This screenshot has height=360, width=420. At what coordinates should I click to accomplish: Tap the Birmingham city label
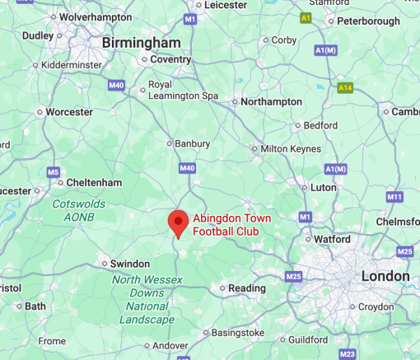click(141, 42)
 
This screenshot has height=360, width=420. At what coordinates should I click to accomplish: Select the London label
click(385, 276)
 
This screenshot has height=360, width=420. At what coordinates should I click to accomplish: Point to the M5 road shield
click(54, 172)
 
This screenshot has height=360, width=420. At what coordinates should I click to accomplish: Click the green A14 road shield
click(346, 86)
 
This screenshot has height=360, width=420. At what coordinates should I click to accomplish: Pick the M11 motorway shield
click(394, 197)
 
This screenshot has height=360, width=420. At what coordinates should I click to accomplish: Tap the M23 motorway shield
click(348, 353)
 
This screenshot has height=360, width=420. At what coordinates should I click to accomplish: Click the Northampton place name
click(271, 102)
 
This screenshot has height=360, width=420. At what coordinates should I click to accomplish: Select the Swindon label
click(130, 264)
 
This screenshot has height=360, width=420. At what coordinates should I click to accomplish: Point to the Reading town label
click(247, 288)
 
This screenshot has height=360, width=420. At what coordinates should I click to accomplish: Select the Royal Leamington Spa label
click(182, 91)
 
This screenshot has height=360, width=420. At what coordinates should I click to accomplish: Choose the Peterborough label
click(368, 20)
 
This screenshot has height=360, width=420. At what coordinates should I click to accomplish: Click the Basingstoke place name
click(237, 333)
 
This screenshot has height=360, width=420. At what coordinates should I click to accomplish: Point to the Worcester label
click(68, 111)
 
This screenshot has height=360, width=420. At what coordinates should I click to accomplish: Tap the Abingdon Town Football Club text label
click(226, 225)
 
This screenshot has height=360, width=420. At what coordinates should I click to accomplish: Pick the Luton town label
click(323, 187)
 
